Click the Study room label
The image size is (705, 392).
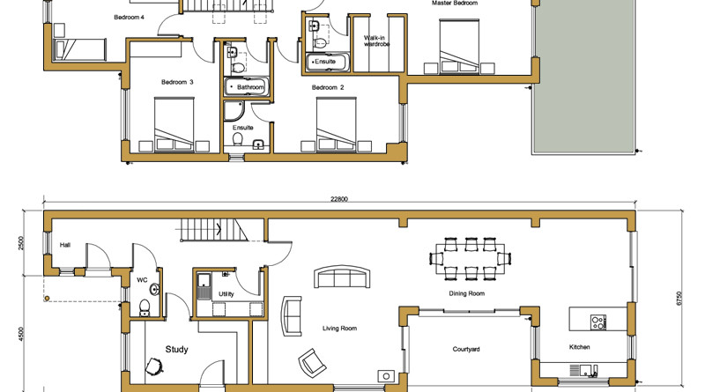(x=176, y=350)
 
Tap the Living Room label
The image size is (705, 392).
(x=339, y=329)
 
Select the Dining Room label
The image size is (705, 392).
(x=467, y=293)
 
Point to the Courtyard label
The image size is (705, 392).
(x=466, y=350)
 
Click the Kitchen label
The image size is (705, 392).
(x=579, y=347)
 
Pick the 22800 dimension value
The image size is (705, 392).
(x=339, y=199)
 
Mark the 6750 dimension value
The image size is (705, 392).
(x=679, y=299)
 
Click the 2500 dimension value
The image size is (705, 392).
(x=21, y=244)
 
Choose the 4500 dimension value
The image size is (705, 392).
(x=21, y=335)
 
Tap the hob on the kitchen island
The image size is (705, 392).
(x=598, y=322)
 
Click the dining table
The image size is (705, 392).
(x=471, y=259)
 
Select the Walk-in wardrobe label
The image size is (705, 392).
(x=376, y=41)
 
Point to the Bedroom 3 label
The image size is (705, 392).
(x=177, y=82)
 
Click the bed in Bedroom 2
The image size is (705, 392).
(x=337, y=124)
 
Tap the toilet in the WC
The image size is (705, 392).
(x=145, y=307)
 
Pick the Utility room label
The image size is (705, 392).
(x=226, y=294)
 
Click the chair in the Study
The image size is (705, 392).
(x=154, y=366)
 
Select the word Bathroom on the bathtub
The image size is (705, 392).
(x=250, y=87)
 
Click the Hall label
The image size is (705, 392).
(x=64, y=245)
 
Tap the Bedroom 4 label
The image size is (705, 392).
(x=129, y=18)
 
